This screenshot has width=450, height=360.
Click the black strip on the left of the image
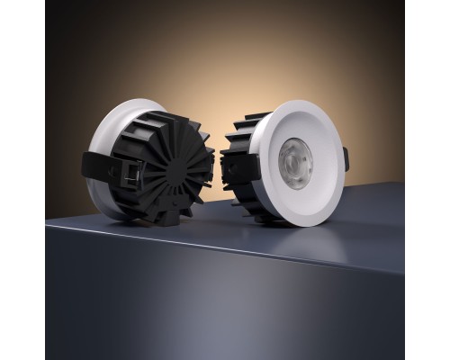point(22,180)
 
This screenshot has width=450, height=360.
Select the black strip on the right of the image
point(427,180)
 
